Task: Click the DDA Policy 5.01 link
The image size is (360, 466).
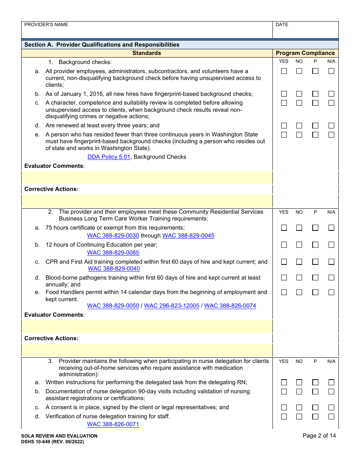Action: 109,157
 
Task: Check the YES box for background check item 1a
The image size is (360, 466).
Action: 284,71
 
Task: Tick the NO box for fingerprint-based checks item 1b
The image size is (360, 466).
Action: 299,94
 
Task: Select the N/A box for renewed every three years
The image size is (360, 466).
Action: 331,126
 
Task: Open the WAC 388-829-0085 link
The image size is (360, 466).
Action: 113,253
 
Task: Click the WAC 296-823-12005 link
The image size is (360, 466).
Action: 172,306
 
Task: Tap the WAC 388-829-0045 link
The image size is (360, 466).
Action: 188,236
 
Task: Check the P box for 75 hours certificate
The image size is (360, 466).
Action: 315,228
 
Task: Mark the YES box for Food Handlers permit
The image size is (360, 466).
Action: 284,292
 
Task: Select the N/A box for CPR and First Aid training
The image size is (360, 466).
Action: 331,262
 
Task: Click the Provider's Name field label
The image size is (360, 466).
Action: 46,25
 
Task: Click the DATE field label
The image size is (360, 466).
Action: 282,25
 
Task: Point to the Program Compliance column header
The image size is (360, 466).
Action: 305,53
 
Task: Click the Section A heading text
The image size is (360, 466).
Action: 102,45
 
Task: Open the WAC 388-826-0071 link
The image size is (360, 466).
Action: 113,425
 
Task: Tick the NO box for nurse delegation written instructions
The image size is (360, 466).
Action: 299,383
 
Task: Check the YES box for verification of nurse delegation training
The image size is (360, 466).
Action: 284,417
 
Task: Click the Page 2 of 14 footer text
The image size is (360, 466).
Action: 319,436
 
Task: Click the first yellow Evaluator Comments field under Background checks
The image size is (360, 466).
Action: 147,177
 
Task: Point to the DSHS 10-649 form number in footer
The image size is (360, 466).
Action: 53,442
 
